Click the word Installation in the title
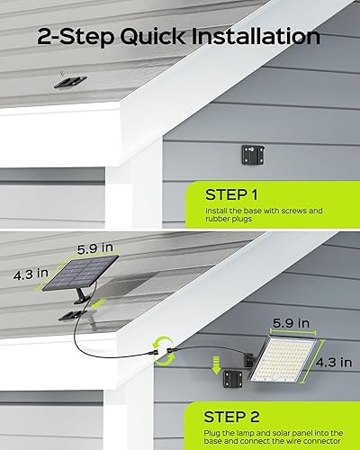pos(256,37)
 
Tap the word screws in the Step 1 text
pos(301,211)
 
